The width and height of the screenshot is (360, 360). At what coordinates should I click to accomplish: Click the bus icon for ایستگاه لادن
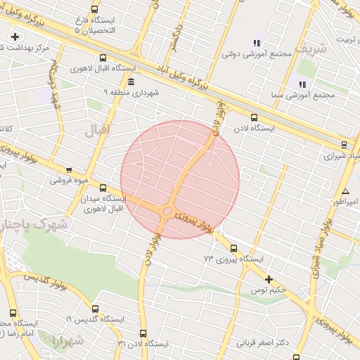click(254, 118)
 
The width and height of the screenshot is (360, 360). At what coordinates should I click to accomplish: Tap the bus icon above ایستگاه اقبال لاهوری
click(103, 59)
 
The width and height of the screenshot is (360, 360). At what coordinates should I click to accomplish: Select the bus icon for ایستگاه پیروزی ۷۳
click(233, 248)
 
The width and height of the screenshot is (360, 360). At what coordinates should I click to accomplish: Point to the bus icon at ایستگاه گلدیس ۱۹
click(95, 309)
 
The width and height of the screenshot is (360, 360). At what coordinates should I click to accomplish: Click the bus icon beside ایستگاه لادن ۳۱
click(143, 333)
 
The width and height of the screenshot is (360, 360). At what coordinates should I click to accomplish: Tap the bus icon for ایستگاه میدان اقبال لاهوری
click(103, 188)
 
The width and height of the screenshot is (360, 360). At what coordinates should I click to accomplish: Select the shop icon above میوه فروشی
click(68, 169)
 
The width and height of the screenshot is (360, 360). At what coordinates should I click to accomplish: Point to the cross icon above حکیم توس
click(268, 279)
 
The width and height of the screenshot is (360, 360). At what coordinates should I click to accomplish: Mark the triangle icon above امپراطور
click(345, 192)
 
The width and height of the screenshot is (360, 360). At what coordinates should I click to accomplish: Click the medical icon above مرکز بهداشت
click(15, 37)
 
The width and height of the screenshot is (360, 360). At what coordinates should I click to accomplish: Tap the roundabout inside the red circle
click(167, 211)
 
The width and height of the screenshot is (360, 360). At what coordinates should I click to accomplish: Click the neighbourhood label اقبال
click(98, 130)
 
